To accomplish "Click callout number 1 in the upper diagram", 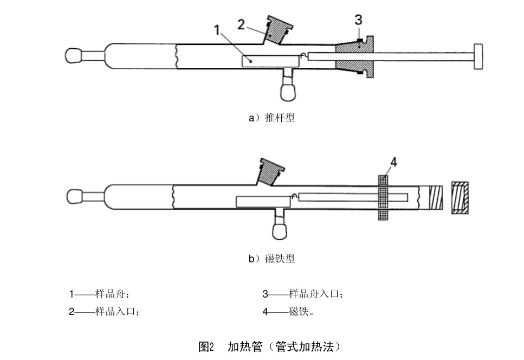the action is point(217,30).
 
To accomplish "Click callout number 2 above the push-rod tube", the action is point(241,24).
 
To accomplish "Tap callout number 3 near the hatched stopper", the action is point(358,20).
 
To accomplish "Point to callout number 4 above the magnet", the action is point(393,163).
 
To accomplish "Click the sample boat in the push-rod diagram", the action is point(271,61).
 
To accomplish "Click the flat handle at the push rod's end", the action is point(478,56).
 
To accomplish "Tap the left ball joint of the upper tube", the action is point(74,56).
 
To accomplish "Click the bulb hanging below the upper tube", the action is point(288,92).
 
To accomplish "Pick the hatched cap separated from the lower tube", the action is point(460,198).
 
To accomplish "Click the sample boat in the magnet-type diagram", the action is point(263,202).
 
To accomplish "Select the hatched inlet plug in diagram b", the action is point(270,172).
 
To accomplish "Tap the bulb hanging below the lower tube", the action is point(280,231).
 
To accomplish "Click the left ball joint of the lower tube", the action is point(75,197).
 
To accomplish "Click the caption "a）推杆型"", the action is point(271,118).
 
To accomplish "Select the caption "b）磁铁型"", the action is point(271,259).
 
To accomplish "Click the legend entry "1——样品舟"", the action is point(99,294).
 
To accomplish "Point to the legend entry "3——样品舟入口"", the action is point(302,294).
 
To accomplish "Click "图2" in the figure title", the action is point(206,346).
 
